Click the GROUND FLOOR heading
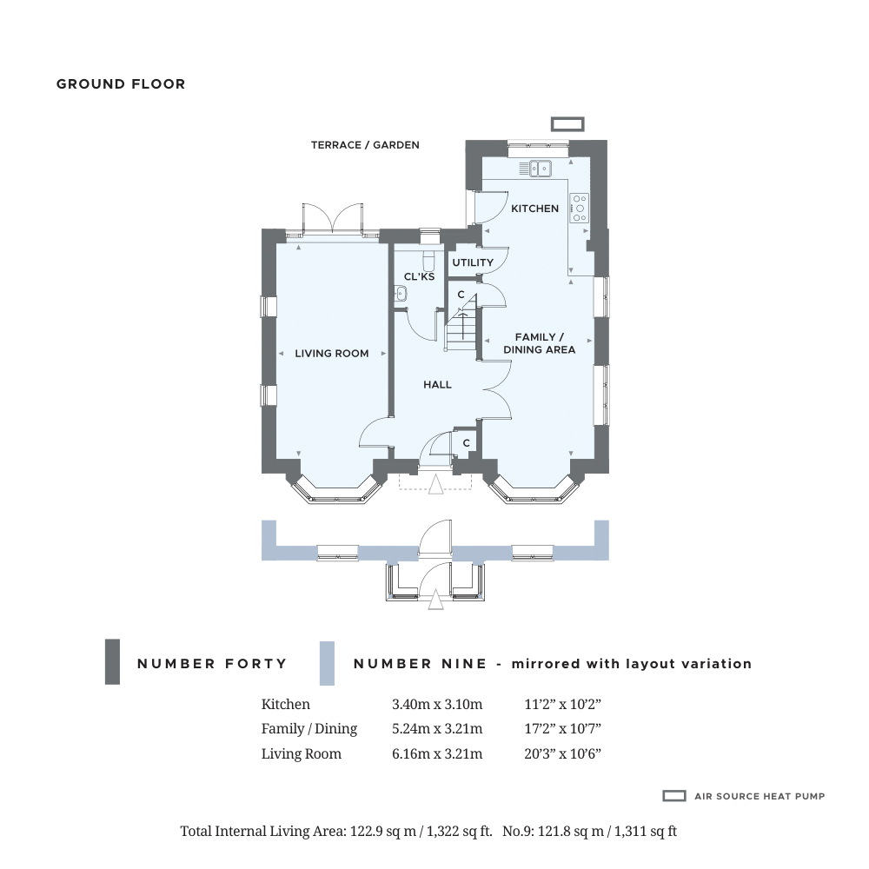121,84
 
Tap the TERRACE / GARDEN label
365,145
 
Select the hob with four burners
579,208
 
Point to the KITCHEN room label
534,209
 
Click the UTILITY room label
473,262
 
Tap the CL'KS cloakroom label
420,276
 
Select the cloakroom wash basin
400,294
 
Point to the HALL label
437,385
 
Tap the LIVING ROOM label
332,354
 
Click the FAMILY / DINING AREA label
540,343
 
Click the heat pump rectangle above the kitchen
567,124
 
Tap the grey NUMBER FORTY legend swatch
112,661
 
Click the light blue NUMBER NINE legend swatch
327,663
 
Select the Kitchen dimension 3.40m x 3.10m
437,705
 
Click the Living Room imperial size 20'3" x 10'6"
563,753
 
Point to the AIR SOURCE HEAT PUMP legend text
760,796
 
